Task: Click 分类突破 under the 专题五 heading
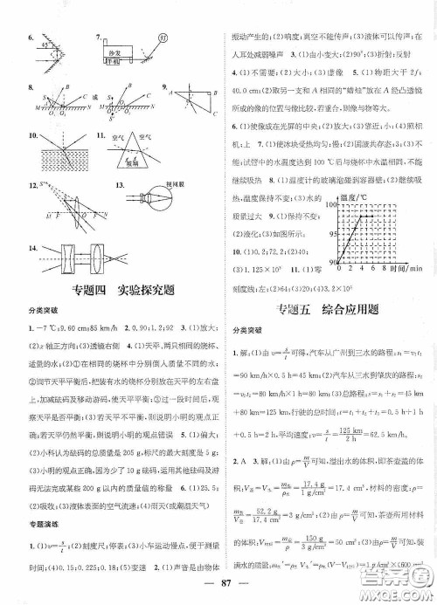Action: click(245, 332)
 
